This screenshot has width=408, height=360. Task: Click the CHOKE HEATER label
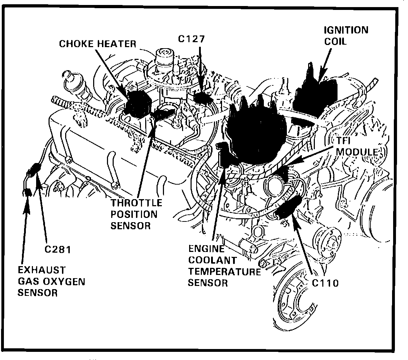coord(98,44)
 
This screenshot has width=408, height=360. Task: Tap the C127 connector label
coord(192,39)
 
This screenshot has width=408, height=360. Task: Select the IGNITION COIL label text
coord(345,35)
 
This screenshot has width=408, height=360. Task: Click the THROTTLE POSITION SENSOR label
coord(136,214)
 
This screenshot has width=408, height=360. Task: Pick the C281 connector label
coord(58,249)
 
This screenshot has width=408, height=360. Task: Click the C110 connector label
coord(325,283)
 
